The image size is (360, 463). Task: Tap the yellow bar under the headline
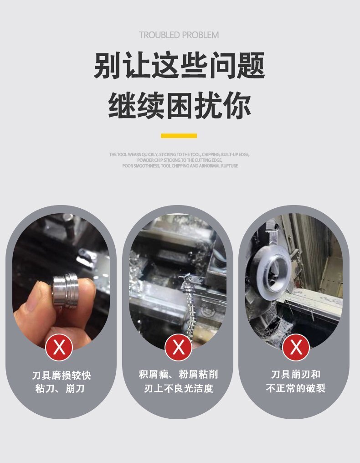pos(179,136)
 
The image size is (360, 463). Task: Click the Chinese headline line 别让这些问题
pos(179,65)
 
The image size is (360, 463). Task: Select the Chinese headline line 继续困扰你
pos(180,105)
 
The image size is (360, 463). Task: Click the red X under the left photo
pos(59,347)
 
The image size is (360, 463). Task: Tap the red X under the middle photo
pos(178,347)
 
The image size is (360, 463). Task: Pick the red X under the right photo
pos(296,347)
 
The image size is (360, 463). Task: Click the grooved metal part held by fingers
pos(66,291)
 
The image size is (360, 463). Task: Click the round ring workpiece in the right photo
pos(273,273)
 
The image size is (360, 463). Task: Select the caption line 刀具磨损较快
pos(62,376)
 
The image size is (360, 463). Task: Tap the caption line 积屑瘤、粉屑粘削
pos(178,375)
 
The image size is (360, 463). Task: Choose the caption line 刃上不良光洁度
pos(179,388)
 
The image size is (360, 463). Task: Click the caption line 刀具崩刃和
pos(296,375)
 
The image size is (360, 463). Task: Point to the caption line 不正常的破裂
pos(296,388)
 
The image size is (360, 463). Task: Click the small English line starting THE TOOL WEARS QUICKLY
pos(179,154)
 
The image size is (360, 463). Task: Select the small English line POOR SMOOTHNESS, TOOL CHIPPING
pos(180,166)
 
